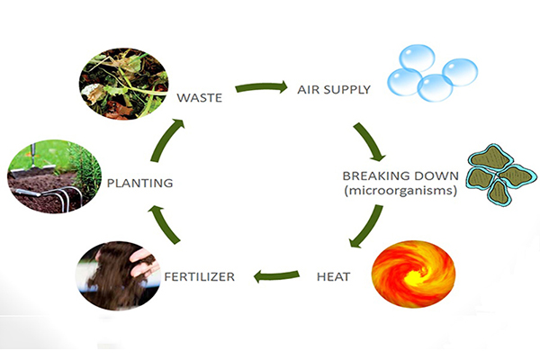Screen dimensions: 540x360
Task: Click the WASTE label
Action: click(x=200, y=98)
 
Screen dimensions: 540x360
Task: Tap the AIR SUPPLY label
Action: click(x=334, y=90)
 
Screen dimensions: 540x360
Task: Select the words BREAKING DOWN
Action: click(x=400, y=176)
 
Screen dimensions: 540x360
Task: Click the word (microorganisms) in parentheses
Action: click(x=400, y=191)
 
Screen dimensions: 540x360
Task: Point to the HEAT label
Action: click(x=333, y=276)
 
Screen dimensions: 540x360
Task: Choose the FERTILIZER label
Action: click(x=200, y=276)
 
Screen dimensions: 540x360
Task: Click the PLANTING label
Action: click(x=139, y=183)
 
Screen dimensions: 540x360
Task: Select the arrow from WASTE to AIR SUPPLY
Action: click(x=261, y=87)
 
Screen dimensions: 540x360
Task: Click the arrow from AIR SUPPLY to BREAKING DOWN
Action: click(x=369, y=141)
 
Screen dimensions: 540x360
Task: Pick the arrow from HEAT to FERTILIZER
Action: click(x=276, y=275)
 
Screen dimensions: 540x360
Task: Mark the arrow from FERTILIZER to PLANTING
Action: click(x=164, y=224)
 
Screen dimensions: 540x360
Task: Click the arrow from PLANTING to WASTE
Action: click(x=166, y=139)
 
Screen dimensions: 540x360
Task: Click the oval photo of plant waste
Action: click(x=123, y=84)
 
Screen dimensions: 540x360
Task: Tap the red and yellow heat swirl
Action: click(x=414, y=274)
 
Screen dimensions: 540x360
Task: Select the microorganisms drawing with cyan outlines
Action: click(x=501, y=174)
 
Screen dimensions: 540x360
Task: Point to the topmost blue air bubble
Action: click(x=417, y=58)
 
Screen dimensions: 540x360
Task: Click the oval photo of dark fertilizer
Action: click(x=118, y=275)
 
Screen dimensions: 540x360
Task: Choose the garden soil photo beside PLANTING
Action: click(x=54, y=176)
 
